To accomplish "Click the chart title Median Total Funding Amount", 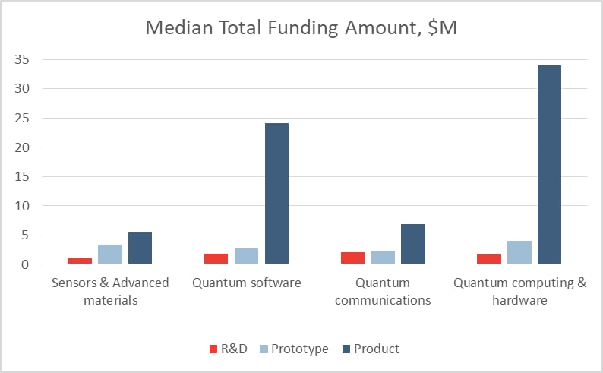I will tap(301, 28).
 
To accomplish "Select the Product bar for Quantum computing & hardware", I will tap(549, 165).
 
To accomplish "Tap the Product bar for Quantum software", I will tap(276, 194).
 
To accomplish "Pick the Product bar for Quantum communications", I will tap(413, 244).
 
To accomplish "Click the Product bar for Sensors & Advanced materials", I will tap(140, 248).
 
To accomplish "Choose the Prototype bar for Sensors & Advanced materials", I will tap(110, 254).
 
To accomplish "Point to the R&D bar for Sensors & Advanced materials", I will tap(80, 261).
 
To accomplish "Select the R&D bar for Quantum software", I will tap(216, 259).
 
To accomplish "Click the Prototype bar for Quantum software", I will tap(246, 256).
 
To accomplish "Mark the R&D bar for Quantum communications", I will tap(352, 258).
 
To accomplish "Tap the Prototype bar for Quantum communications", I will tap(383, 258).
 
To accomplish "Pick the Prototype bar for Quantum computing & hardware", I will tap(519, 252).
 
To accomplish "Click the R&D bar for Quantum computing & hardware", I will tap(488, 259).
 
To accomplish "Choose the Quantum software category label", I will tap(246, 283).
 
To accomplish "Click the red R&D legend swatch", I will tap(213, 349).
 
